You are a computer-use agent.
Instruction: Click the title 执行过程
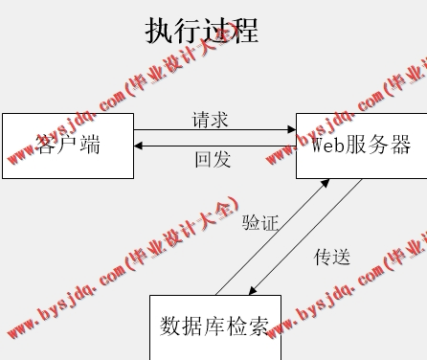pos(201,31)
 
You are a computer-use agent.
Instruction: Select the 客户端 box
pos(67,146)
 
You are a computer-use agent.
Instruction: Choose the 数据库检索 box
pos(214,326)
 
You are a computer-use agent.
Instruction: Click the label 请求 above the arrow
pos(211,120)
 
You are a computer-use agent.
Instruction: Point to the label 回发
pos(212,159)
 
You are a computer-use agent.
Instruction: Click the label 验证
pos(259,223)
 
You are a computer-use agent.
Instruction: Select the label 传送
pos(332,257)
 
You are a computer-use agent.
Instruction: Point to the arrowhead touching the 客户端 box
pos(140,146)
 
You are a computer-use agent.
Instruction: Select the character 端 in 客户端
pos(89,146)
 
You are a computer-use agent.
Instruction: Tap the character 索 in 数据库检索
pos(258,326)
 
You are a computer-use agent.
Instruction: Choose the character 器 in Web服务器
pos(400,146)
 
